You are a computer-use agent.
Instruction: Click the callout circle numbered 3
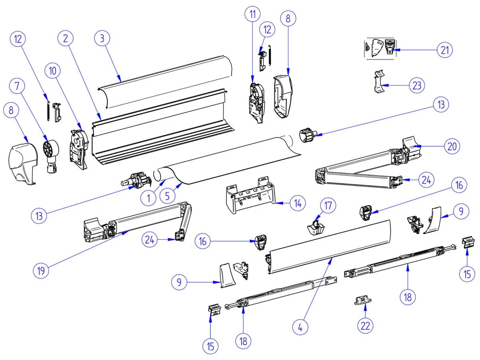[102, 39]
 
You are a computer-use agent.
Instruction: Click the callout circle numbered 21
[444, 50]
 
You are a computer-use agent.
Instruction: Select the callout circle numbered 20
[452, 146]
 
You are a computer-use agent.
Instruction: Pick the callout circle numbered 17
[328, 206]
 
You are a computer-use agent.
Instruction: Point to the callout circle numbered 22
[365, 325]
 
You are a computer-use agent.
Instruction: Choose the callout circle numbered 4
[300, 327]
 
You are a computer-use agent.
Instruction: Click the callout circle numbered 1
[148, 197]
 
